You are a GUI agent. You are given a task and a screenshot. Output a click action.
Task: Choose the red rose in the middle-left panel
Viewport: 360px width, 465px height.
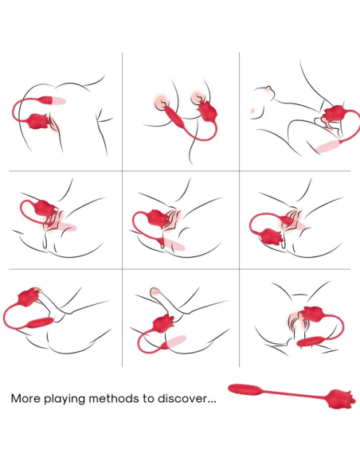[x=45, y=209]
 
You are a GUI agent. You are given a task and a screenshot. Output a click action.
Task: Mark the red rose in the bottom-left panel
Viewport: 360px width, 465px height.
[x=30, y=296]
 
